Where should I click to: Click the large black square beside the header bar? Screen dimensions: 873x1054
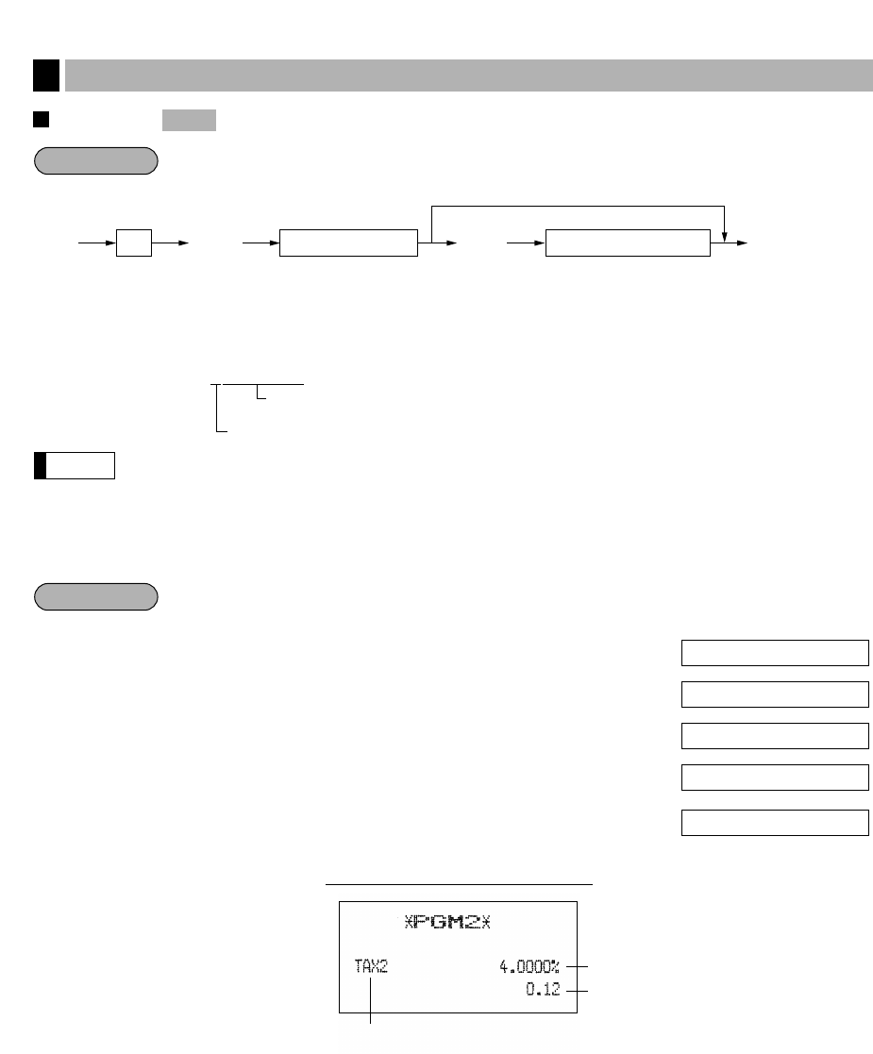pyautogui.click(x=45, y=75)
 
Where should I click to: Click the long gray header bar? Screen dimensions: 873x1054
pyautogui.click(x=468, y=75)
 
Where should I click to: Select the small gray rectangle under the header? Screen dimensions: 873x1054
pyautogui.click(x=189, y=120)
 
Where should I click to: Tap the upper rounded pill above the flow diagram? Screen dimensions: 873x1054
pyautogui.click(x=95, y=161)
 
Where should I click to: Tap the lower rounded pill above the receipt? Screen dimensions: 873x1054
pyautogui.click(x=95, y=597)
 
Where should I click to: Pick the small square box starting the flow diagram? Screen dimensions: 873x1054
pyautogui.click(x=133, y=243)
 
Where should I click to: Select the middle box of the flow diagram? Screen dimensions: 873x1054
pyautogui.click(x=348, y=243)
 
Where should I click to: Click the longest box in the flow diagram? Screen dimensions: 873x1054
pyautogui.click(x=628, y=243)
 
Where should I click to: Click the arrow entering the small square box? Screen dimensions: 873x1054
pyautogui.click(x=96, y=243)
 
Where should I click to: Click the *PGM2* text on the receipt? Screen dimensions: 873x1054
pyautogui.click(x=447, y=922)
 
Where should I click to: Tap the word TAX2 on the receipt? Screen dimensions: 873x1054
pyautogui.click(x=371, y=967)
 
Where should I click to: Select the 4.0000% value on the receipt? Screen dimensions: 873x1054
pyautogui.click(x=529, y=967)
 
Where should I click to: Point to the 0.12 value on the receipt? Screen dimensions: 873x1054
pyautogui.click(x=543, y=991)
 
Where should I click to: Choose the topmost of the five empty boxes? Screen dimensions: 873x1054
pyautogui.click(x=774, y=653)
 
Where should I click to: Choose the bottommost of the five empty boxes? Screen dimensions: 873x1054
pyautogui.click(x=774, y=822)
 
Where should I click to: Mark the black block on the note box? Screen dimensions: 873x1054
pyautogui.click(x=41, y=466)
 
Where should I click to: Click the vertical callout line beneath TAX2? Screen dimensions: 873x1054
pyautogui.click(x=371, y=1000)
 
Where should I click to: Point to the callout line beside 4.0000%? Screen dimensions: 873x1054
pyautogui.click(x=577, y=966)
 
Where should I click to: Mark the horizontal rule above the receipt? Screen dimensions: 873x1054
pyautogui.click(x=459, y=884)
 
